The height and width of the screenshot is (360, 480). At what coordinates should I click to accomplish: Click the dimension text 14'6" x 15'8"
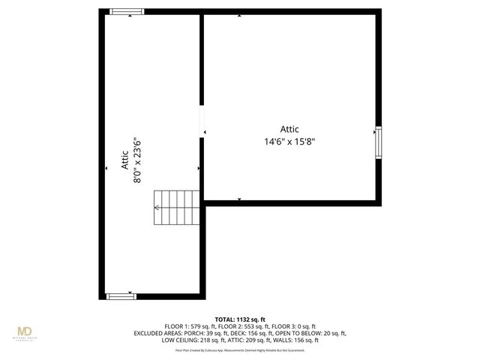(289, 140)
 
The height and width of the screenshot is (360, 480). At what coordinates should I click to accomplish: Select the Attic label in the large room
(289, 128)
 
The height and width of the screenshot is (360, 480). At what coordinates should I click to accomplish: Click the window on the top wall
(126, 12)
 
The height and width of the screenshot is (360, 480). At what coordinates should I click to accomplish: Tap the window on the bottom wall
(121, 296)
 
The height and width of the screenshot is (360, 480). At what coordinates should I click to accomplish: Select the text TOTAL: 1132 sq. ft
(240, 319)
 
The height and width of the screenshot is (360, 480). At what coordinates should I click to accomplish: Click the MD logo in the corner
(25, 331)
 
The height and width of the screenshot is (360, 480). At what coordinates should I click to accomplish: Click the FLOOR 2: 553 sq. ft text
(241, 326)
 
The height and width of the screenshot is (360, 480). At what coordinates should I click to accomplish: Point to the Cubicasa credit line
(240, 349)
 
